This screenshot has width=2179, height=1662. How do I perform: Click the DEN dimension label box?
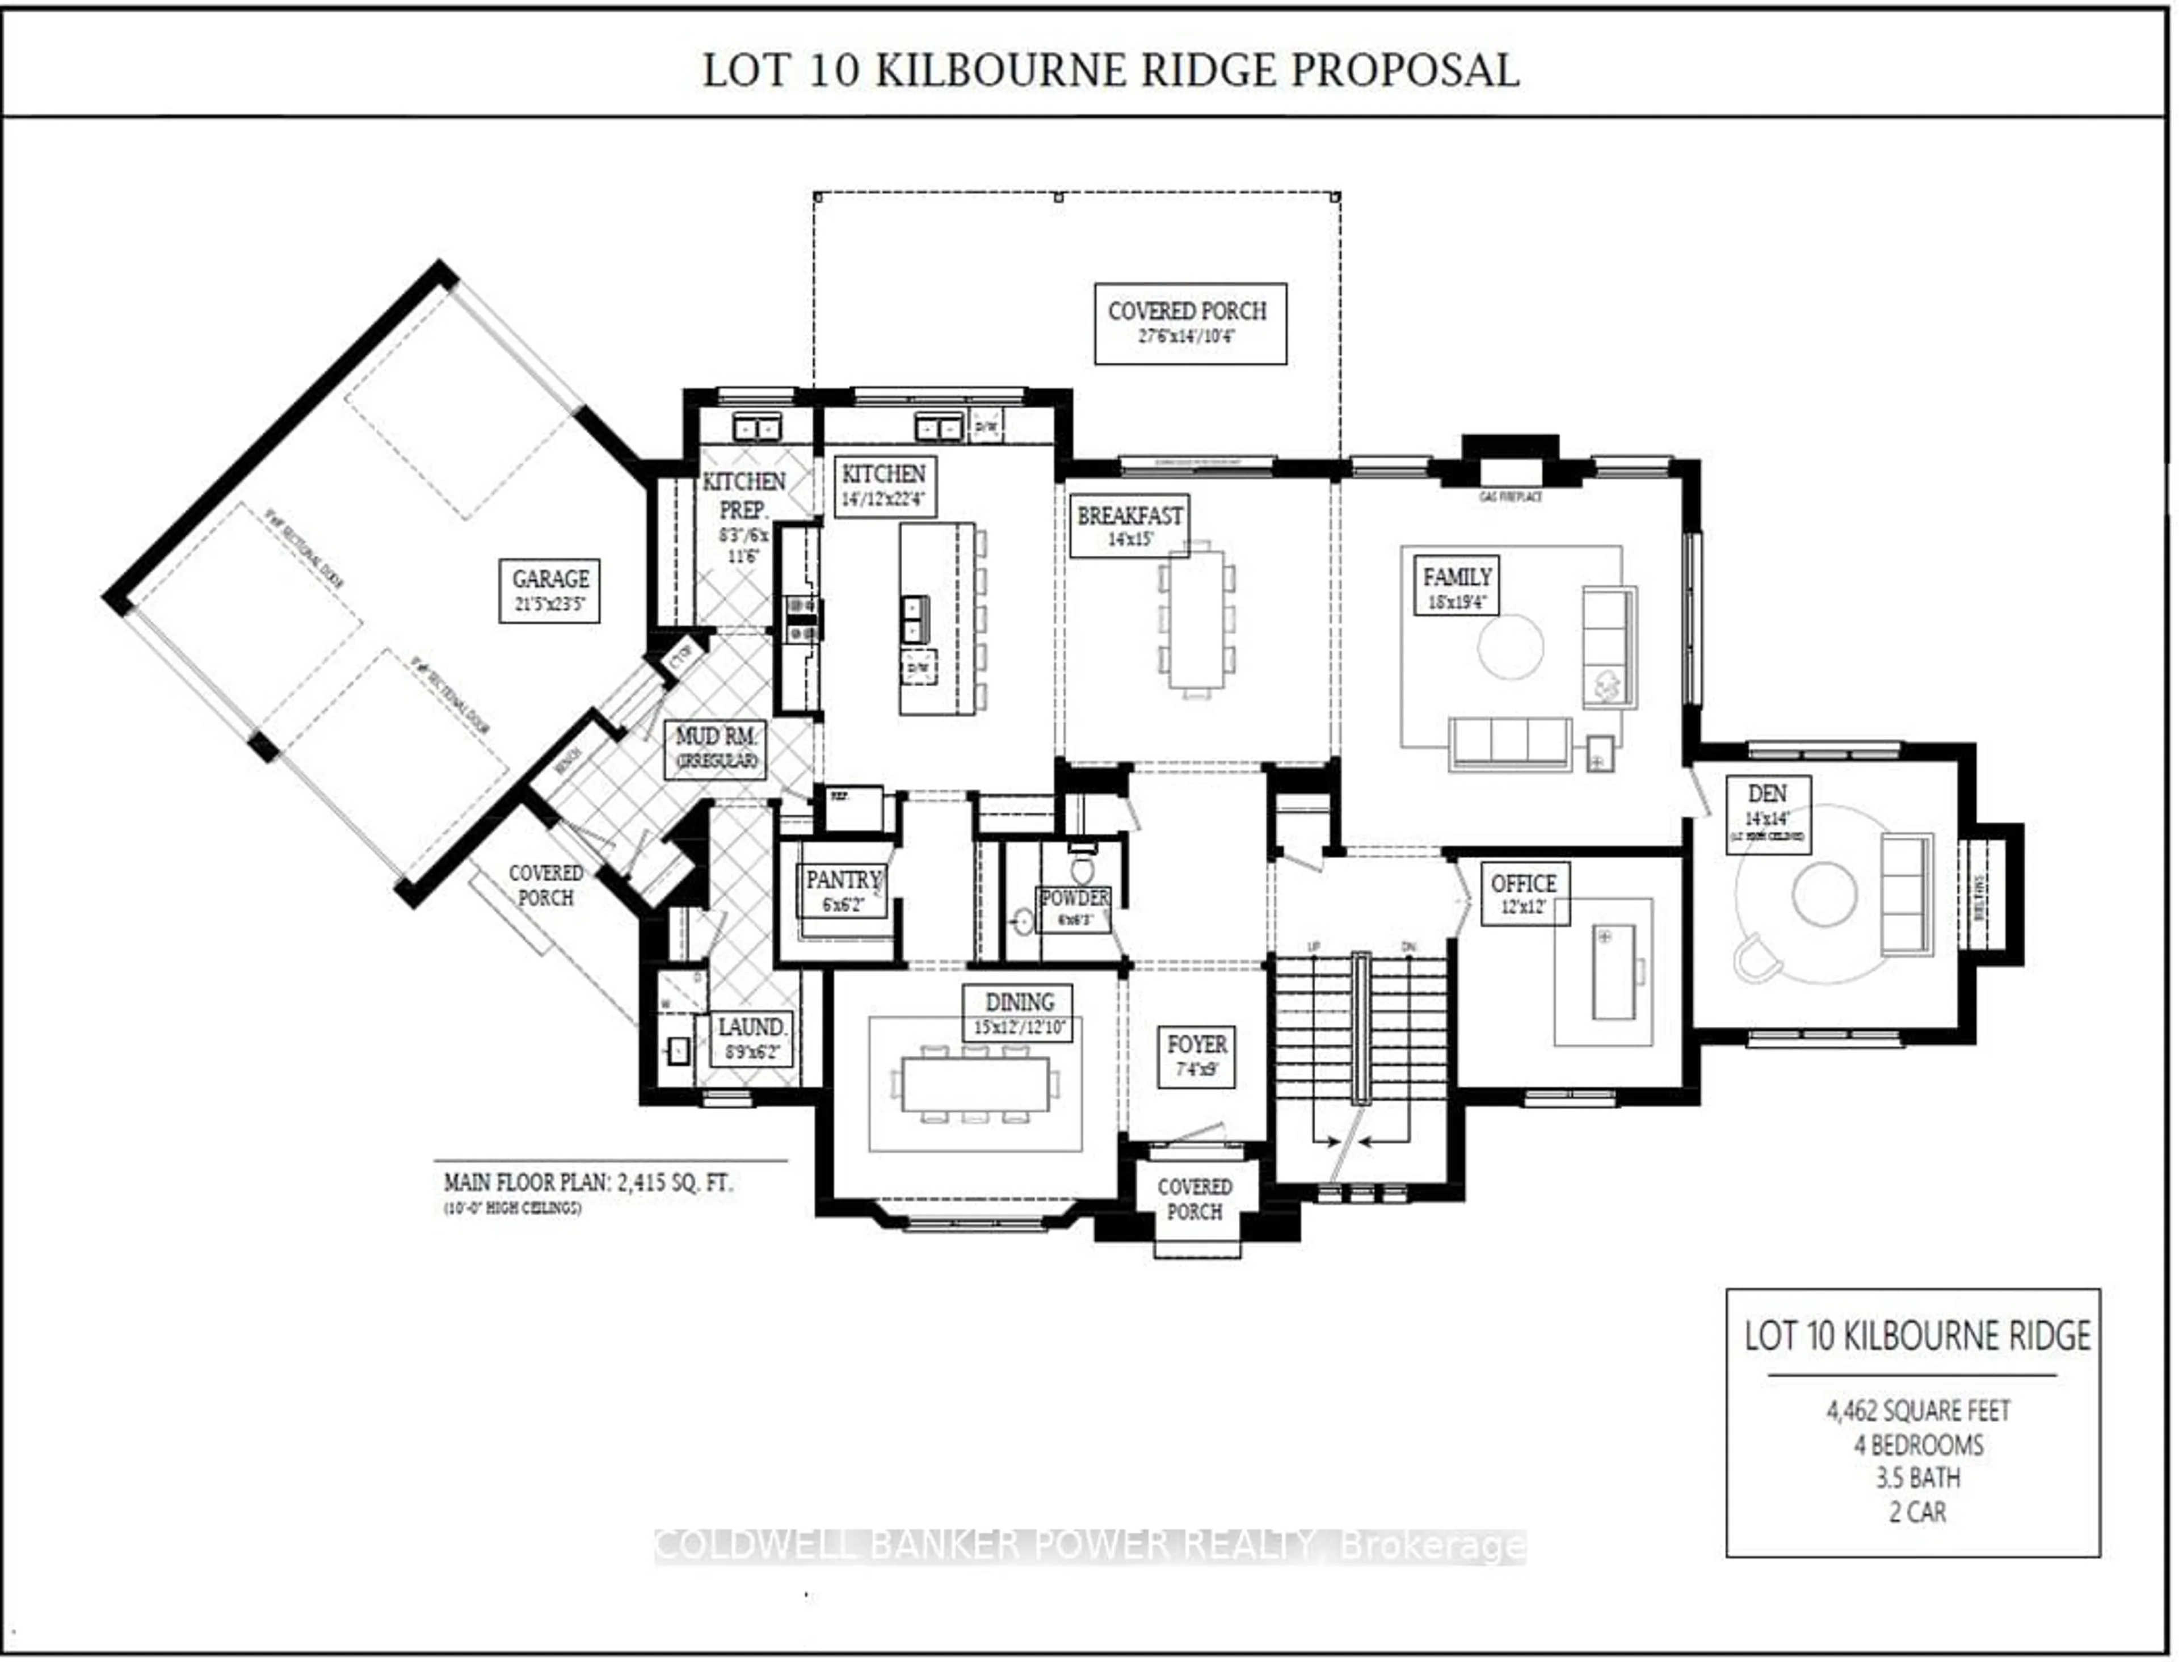[x=1768, y=814]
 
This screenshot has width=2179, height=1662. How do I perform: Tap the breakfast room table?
[x=1197, y=618]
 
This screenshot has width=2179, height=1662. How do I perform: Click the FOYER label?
[x=1196, y=1056]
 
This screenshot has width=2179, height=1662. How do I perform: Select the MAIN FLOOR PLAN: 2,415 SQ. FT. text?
[x=587, y=1182]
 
